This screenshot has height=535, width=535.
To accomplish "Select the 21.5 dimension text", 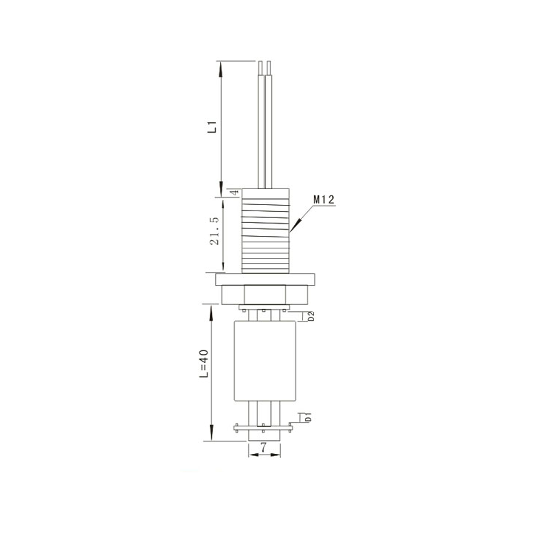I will pos(215,231).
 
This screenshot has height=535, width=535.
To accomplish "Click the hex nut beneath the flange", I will pos(264,295).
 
